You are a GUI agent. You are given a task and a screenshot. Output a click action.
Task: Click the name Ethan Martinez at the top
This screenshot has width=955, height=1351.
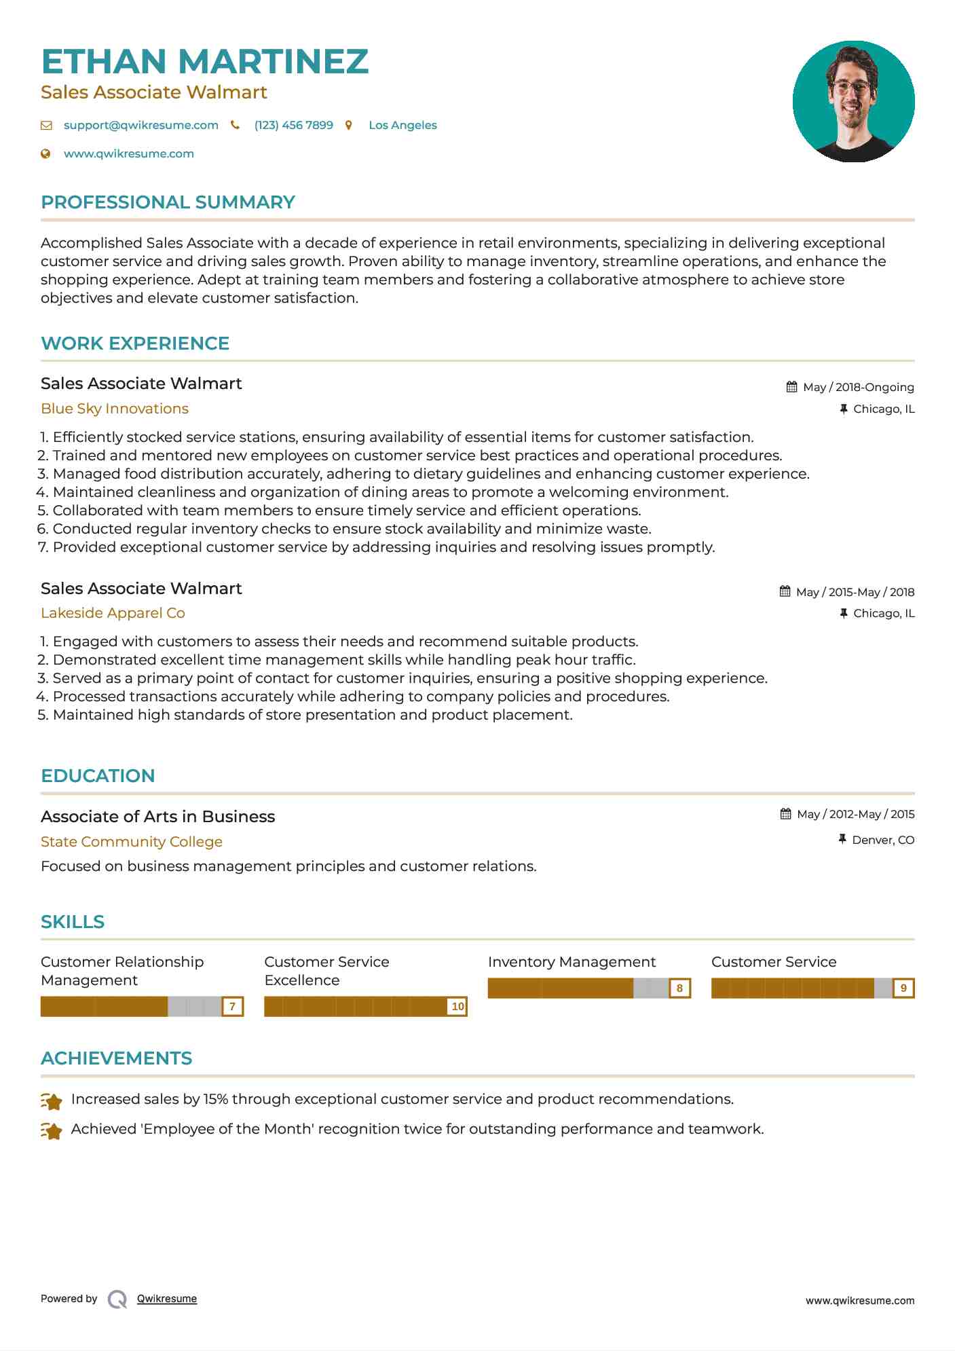coord(204,62)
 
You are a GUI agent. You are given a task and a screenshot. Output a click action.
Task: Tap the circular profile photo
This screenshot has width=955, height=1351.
coord(853,101)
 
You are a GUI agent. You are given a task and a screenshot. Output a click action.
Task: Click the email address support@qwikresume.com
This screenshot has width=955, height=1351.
coord(141,125)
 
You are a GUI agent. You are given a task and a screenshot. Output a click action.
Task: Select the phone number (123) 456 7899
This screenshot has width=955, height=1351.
coord(293,125)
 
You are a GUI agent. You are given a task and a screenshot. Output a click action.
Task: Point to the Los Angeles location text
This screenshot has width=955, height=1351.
coord(402,125)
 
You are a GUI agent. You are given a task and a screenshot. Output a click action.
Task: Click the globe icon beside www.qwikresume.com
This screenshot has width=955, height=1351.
coord(45,153)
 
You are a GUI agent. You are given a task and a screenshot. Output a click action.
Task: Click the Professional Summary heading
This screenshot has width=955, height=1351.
coord(168,202)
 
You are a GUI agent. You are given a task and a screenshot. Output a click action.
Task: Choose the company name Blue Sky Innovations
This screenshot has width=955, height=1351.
coord(115,409)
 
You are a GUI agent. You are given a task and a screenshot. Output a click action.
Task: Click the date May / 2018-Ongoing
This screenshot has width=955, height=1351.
coord(858,387)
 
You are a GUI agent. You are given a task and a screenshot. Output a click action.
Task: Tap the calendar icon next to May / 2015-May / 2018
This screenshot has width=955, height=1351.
coord(785,591)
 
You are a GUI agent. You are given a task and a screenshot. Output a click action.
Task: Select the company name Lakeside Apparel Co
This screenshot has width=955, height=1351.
coord(113,613)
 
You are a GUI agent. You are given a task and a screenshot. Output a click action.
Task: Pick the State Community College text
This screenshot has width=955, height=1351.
coord(132,842)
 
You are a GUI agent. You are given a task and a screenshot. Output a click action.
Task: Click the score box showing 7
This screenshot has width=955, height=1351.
coord(232,1006)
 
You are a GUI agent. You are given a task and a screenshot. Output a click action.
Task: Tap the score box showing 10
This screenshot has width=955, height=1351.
coord(457,1006)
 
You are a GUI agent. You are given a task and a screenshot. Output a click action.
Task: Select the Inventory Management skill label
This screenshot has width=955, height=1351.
coord(572,962)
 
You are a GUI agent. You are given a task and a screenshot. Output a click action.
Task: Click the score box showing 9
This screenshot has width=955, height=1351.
coord(903,988)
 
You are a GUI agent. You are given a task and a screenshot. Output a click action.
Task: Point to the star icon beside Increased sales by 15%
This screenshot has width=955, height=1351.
coord(52,1100)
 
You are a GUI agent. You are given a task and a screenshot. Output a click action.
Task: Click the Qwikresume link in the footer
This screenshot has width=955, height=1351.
coord(167,1299)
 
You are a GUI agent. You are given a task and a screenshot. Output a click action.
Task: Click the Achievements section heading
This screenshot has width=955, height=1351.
coord(116,1058)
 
